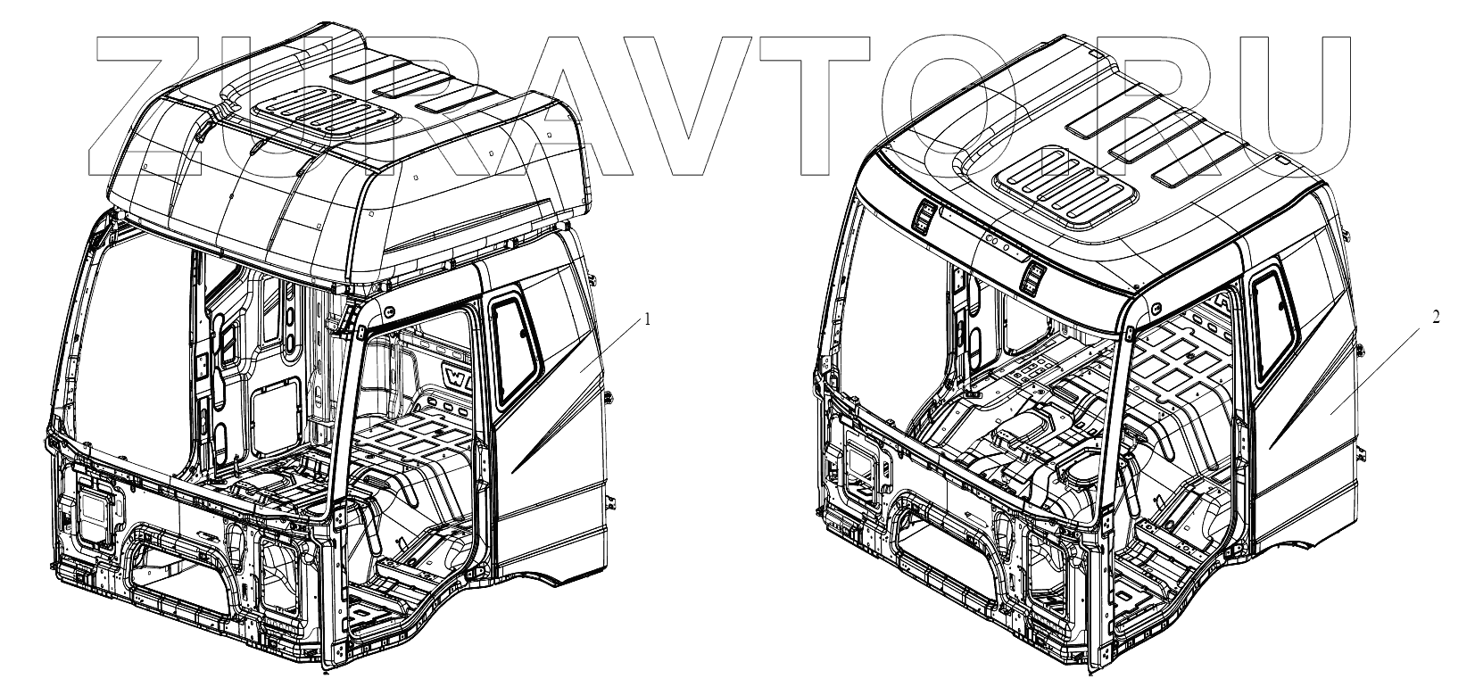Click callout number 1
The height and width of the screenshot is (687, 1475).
[x=648, y=319]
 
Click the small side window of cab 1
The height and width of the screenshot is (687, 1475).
[x=515, y=348]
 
